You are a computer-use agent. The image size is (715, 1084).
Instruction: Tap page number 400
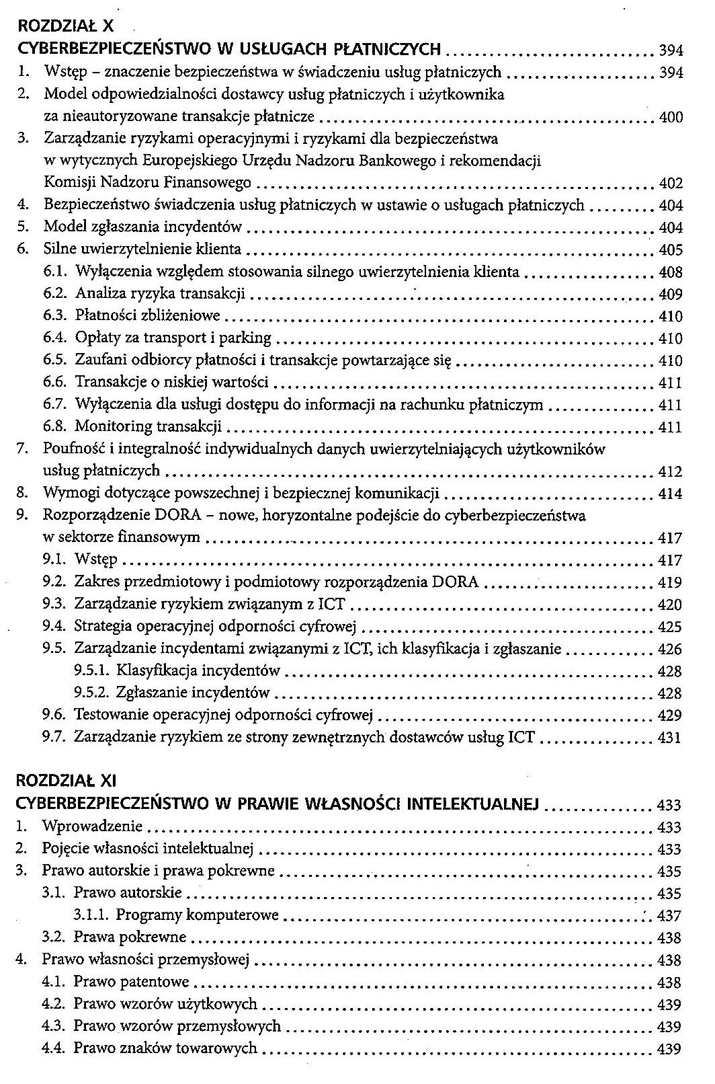[671, 117]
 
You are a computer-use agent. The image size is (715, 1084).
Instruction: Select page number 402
[671, 184]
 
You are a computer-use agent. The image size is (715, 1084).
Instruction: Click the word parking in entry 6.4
[247, 338]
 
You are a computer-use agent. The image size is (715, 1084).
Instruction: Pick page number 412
[671, 472]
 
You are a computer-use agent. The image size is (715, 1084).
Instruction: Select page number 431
[671, 738]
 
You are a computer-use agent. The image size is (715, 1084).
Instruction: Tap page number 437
[671, 916]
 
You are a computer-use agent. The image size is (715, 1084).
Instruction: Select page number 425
[671, 627]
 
